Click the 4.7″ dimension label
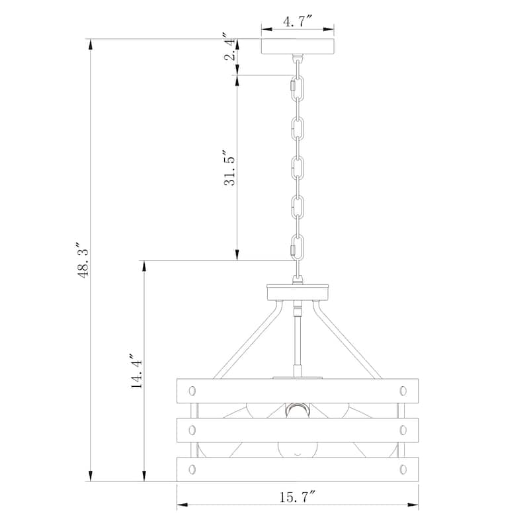(x=297, y=22)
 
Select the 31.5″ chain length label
(x=229, y=168)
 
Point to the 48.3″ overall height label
(x=83, y=260)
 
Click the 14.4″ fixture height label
(x=136, y=371)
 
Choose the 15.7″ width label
(x=298, y=497)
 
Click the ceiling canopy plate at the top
(x=298, y=46)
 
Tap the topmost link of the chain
(x=297, y=87)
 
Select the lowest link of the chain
(x=297, y=247)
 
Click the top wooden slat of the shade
(x=298, y=391)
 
